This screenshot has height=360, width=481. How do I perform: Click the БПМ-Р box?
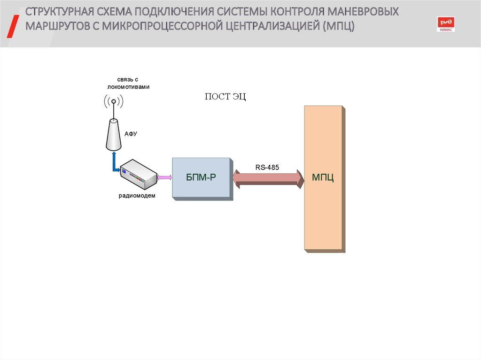click(x=201, y=178)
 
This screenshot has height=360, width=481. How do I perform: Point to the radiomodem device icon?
click(x=137, y=174)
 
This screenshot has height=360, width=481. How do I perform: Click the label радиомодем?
click(x=136, y=196)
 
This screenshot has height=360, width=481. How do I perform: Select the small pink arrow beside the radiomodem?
click(x=165, y=177)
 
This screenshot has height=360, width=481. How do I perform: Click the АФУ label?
click(x=131, y=134)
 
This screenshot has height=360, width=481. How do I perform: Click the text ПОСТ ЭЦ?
click(x=225, y=97)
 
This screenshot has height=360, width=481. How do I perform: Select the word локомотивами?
click(x=127, y=87)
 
